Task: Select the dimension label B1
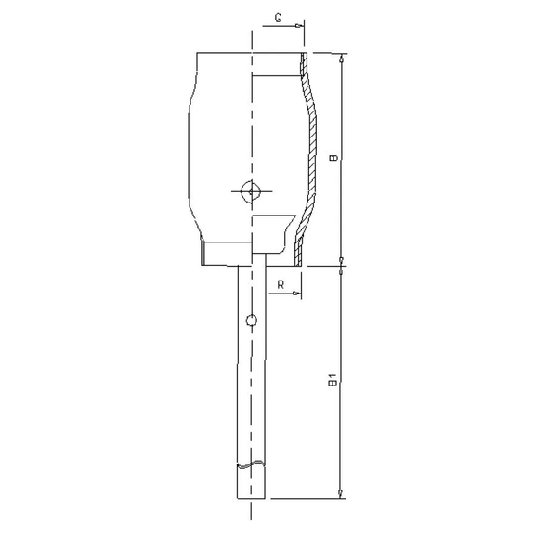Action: point(332,381)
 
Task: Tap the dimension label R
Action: point(281,284)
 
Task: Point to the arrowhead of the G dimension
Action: point(300,26)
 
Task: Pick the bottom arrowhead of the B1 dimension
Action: point(341,491)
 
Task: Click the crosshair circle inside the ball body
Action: point(250,191)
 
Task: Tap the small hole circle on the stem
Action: point(250,321)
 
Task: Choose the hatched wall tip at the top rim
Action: point(304,59)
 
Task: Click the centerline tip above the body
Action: point(251,32)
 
